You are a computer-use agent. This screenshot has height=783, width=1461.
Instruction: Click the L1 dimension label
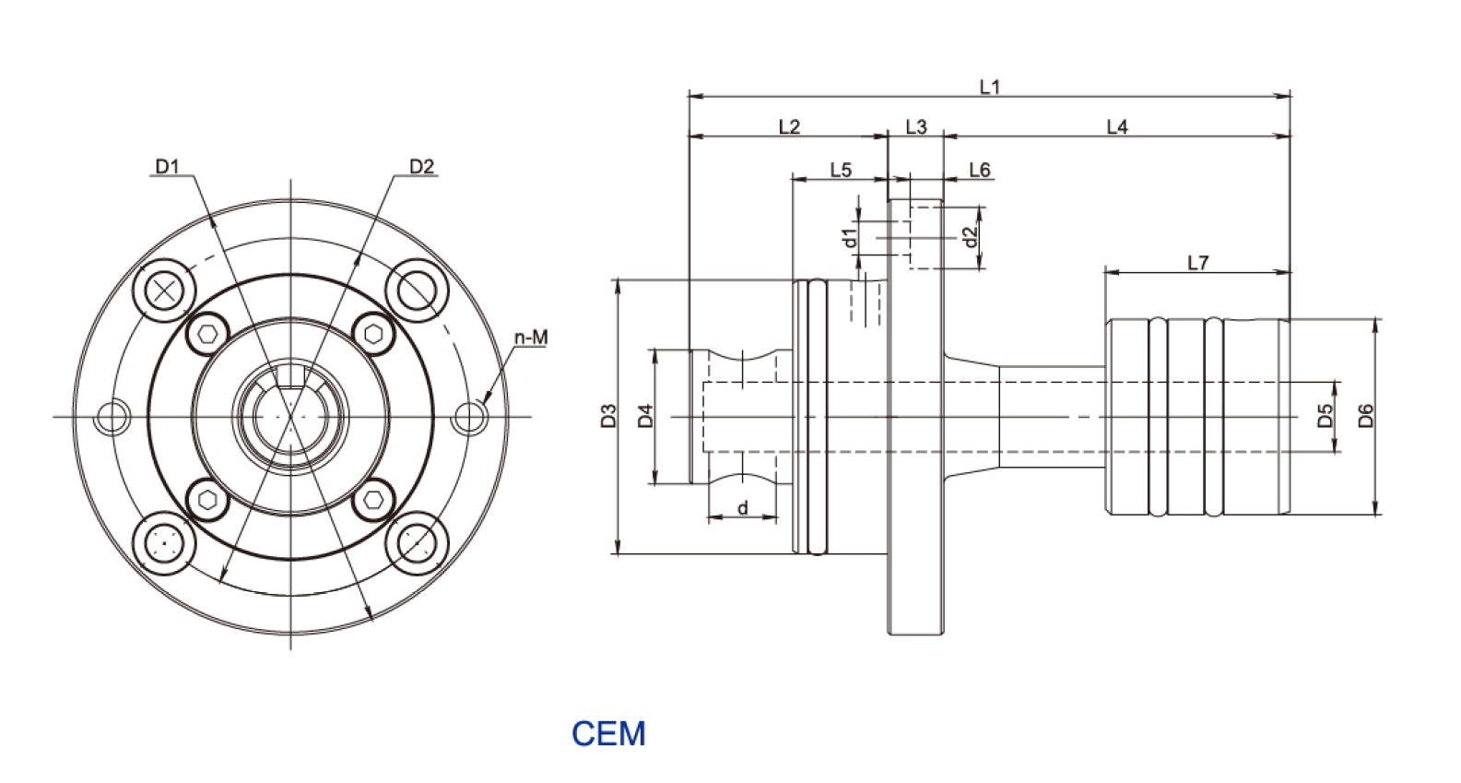989,87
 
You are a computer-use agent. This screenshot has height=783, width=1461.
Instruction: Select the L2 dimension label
789,127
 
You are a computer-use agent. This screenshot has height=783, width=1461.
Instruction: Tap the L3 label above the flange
915,127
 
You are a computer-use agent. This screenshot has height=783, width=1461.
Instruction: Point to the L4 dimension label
1116,127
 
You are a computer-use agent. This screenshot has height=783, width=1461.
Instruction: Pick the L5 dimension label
841,170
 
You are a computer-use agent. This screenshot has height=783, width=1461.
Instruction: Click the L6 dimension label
979,170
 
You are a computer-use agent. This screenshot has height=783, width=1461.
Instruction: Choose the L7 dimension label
1197,263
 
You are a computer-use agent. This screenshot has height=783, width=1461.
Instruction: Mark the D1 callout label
167,166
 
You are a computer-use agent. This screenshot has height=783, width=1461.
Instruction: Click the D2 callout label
421,166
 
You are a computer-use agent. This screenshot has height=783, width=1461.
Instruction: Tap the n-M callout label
531,338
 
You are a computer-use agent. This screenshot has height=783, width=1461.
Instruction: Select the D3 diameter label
607,416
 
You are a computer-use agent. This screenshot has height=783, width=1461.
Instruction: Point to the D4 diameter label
645,416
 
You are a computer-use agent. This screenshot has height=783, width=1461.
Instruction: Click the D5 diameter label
1326,415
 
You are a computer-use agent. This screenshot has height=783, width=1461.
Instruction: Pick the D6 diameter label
1366,415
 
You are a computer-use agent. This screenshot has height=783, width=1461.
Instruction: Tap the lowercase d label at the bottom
742,508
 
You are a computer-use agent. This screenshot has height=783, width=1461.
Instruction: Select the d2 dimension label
969,237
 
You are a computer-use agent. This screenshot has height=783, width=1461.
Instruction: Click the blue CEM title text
608,734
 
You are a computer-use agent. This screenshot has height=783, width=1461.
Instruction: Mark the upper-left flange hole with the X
165,291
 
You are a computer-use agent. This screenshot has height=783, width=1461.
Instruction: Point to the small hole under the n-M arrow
470,417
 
